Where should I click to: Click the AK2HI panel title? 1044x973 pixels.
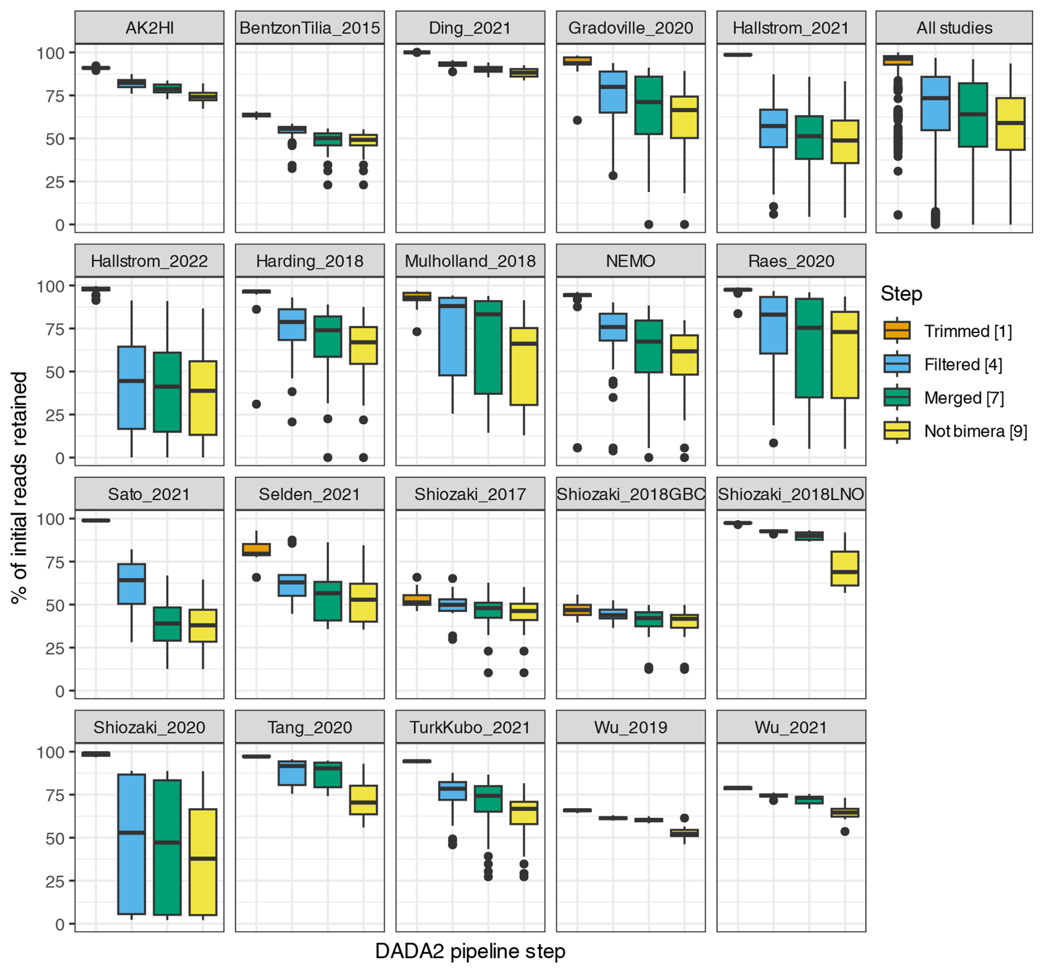click(x=150, y=28)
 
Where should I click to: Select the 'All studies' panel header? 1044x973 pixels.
click(x=954, y=28)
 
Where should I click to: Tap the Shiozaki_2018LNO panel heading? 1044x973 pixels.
click(x=791, y=494)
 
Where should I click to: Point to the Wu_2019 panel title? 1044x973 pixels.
click(x=630, y=728)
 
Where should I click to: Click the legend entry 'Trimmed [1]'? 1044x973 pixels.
click(x=968, y=332)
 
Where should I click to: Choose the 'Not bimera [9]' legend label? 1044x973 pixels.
click(x=976, y=431)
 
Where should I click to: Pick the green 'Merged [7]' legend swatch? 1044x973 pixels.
click(x=897, y=398)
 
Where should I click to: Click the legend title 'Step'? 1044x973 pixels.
click(x=901, y=294)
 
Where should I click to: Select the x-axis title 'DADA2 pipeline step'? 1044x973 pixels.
click(x=470, y=951)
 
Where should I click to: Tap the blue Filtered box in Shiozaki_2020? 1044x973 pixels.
click(x=132, y=844)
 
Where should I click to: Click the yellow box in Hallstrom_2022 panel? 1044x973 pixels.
click(x=203, y=398)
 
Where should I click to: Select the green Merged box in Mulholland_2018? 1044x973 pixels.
click(x=488, y=347)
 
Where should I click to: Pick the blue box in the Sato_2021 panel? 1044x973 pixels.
click(x=132, y=584)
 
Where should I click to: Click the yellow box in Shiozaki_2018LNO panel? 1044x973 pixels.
click(x=845, y=568)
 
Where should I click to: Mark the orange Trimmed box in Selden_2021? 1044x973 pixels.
click(x=257, y=549)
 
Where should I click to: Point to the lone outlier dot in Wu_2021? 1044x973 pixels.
click(x=845, y=831)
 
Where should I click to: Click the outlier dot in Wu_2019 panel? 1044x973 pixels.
click(x=684, y=818)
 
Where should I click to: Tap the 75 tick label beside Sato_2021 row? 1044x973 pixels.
click(x=55, y=562)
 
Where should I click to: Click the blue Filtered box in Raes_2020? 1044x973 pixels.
click(x=774, y=325)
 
